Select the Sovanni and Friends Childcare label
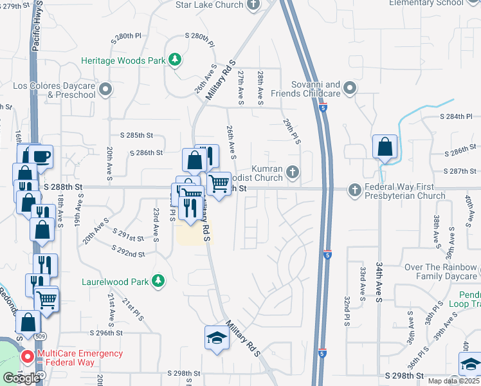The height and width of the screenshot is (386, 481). tap(305, 89)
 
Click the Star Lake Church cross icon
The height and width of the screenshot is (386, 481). tap(253, 5)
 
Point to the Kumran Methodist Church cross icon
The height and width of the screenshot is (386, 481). tap(293, 171)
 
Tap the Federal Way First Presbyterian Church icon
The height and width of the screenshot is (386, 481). tap(354, 190)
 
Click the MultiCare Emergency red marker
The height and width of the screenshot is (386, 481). tap(27, 356)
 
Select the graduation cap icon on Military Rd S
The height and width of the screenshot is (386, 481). tap(217, 338)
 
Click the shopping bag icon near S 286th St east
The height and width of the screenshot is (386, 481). tap(384, 147)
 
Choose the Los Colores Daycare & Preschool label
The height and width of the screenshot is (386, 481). tap(55, 90)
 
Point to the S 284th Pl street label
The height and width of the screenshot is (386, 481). tap(460, 116)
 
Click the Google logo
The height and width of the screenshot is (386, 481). tap(21, 378)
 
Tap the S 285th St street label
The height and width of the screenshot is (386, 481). tap(137, 136)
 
